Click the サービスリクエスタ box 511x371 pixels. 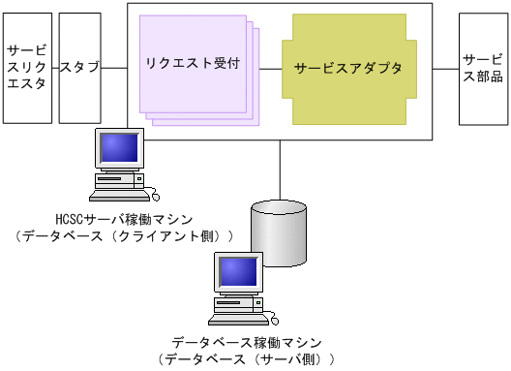25,68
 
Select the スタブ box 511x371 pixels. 81,68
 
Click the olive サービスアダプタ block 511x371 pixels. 348,69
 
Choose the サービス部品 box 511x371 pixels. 482,68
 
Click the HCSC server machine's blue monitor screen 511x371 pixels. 120,148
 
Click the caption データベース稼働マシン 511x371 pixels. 246,343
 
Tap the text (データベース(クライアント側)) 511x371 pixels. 125,236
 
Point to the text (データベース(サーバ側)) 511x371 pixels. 246,359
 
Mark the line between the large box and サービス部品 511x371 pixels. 445,68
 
